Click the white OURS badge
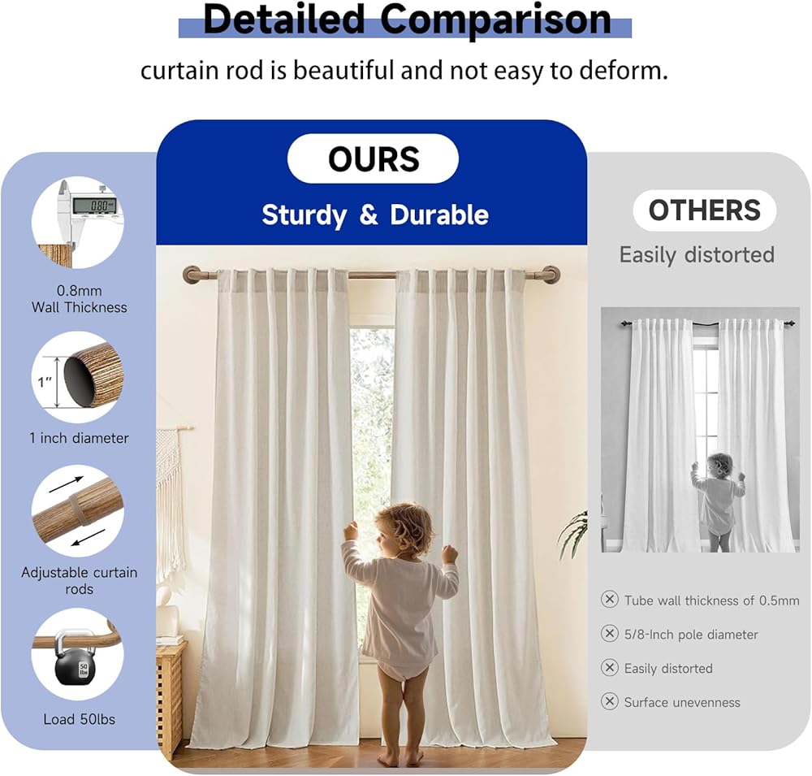point(373,158)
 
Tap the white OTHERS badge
point(704,210)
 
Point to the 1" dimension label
point(45,382)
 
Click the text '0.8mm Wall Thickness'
point(80,299)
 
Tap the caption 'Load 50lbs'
point(80,719)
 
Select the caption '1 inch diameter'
point(80,438)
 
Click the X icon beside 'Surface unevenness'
point(610,701)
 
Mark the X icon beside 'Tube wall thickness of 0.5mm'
point(610,599)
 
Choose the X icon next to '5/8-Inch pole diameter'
point(610,634)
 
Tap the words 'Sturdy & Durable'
point(375,215)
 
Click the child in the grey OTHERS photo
point(717,501)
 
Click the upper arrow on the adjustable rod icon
point(67,484)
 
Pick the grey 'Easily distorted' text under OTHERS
point(697,255)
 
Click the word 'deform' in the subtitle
point(621,71)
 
